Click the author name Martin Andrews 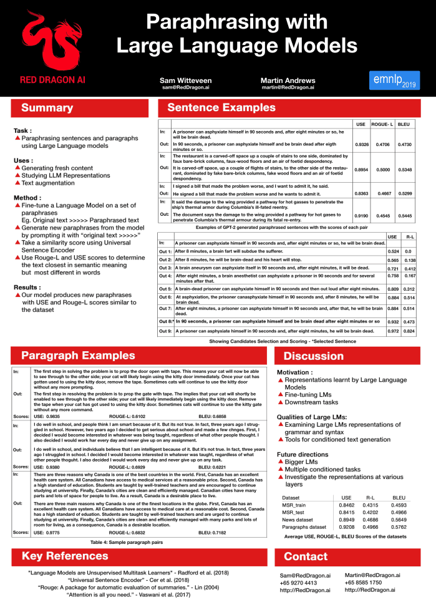click(288, 81)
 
